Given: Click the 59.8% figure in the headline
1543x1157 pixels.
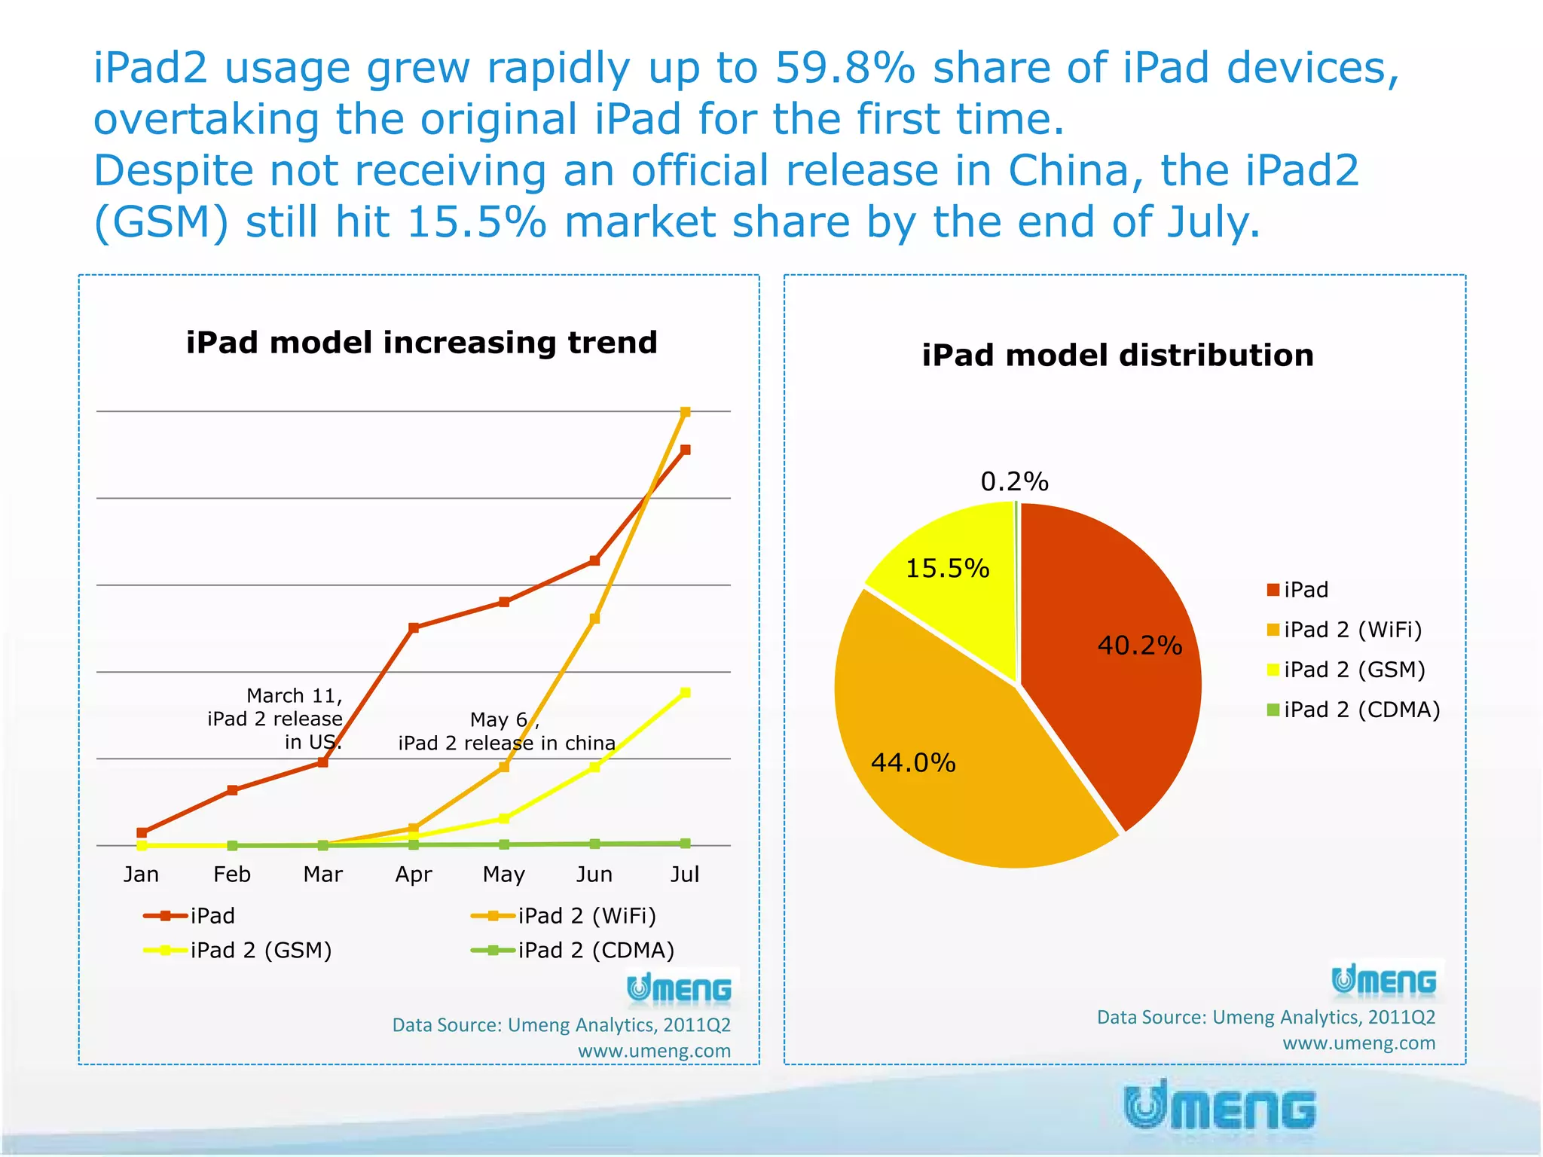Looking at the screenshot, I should tap(845, 68).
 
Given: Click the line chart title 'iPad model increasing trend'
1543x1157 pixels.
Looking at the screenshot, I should tap(421, 343).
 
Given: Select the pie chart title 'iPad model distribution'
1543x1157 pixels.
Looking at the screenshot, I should tap(1117, 356).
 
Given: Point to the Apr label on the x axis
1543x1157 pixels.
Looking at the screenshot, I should tap(414, 875).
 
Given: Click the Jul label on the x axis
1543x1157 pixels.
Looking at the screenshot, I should tap(685, 875).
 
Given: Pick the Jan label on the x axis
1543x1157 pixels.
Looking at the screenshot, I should tap(141, 875).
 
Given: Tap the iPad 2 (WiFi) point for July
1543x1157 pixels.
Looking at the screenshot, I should tap(685, 412).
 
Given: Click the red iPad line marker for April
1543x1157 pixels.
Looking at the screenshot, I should tap(414, 627).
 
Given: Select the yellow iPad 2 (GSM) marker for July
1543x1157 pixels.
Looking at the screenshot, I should tap(685, 693).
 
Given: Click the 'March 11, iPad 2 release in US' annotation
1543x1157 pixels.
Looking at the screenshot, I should tap(276, 719).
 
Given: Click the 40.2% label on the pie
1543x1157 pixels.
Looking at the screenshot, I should tap(1139, 646).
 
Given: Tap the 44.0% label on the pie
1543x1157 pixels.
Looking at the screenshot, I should tap(913, 763).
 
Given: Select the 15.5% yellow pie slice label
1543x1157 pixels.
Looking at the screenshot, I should tap(947, 569).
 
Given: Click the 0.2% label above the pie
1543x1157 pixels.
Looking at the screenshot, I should tap(1014, 482).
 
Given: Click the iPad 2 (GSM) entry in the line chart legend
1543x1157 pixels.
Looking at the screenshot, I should tap(260, 951).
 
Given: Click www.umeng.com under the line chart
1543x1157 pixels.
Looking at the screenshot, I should tap(654, 1051).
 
